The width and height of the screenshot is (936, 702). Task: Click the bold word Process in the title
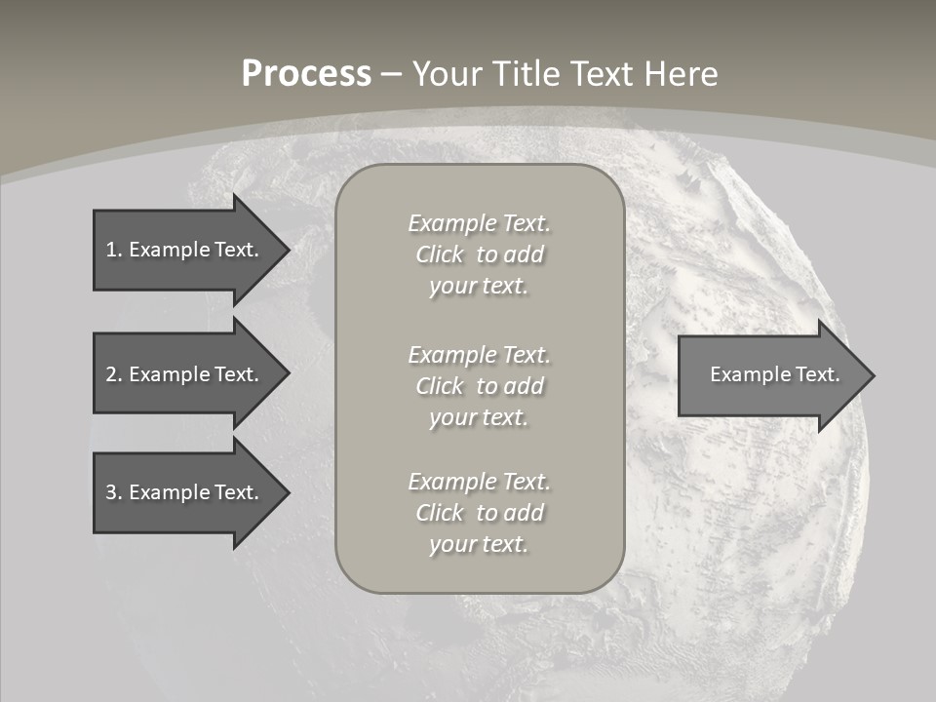(306, 74)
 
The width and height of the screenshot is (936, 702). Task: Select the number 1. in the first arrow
(113, 250)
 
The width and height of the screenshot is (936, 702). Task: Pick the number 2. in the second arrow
(113, 374)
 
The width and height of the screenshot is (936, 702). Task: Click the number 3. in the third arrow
(113, 492)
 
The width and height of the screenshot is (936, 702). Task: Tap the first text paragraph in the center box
(479, 254)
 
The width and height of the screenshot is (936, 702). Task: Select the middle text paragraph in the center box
(479, 386)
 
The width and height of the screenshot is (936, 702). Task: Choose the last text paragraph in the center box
(479, 513)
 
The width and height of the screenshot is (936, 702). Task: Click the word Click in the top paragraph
(440, 255)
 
